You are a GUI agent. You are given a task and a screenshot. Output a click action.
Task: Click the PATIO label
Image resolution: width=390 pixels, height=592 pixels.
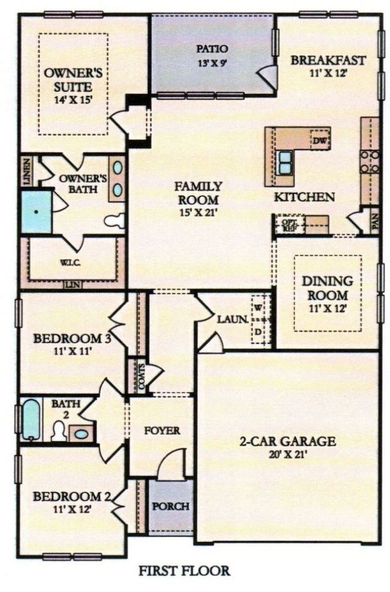pos(211,48)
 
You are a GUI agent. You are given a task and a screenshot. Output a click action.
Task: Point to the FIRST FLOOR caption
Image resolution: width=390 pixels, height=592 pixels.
pos(184,571)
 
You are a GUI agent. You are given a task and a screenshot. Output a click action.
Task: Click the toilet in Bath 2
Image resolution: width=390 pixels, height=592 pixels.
pos(58,431)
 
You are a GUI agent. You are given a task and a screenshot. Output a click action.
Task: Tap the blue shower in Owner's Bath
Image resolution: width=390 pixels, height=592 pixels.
pos(36,211)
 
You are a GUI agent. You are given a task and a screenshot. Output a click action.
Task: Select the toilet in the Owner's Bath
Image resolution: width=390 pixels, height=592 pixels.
pos(115,220)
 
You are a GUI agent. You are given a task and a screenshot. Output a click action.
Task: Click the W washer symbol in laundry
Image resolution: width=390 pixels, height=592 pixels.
pos(259,307)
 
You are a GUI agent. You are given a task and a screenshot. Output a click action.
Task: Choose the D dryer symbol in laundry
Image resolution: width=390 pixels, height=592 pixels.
pos(259,331)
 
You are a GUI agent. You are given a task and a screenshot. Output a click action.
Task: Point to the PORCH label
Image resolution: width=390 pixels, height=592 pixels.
pos(171,506)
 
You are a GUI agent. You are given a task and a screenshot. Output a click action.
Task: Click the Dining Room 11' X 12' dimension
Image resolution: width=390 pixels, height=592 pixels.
pos(328,308)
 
